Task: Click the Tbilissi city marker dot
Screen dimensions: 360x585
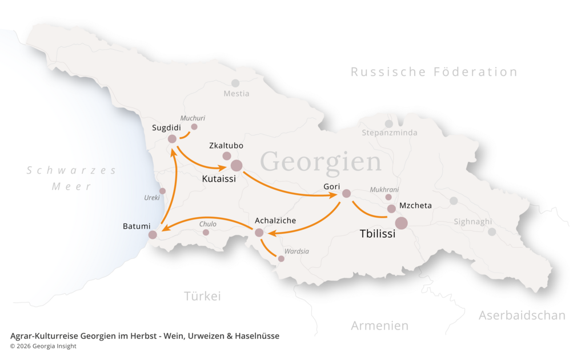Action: pos(402,223)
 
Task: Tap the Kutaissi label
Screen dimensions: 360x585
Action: pos(219,178)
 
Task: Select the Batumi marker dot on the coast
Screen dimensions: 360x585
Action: pos(153,235)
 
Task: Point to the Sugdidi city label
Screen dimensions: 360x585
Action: pos(166,127)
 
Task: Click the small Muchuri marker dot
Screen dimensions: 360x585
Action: pos(194,127)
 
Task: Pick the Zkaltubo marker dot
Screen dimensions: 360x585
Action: pos(227,156)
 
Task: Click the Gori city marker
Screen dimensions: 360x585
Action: pos(346,194)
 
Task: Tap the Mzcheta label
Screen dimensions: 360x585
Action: pos(415,206)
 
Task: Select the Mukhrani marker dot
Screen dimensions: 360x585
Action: pos(388,197)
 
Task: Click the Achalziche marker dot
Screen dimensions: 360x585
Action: pos(259,233)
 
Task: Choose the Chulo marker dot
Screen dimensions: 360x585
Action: pos(206,233)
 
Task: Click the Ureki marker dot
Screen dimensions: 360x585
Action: pos(162,191)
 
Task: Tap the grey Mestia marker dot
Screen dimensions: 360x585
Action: pos(235,83)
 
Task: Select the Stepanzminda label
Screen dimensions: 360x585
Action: pos(389,133)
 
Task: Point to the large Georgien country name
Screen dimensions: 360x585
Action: pos(320,162)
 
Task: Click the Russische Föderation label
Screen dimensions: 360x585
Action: pos(434,72)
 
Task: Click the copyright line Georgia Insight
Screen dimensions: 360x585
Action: pos(43,346)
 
